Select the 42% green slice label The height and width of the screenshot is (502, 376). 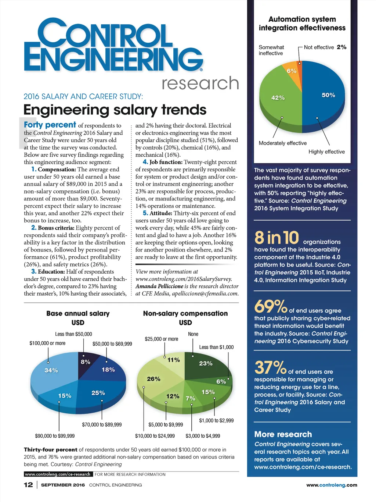click(278, 98)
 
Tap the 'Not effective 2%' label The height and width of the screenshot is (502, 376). click(325, 47)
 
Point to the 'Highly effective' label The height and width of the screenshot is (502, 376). click(326, 152)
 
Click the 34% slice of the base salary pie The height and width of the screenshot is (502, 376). click(51, 370)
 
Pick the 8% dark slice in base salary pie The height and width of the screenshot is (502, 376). click(86, 362)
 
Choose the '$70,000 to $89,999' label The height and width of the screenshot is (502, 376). click(102, 425)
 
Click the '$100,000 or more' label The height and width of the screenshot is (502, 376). click(47, 343)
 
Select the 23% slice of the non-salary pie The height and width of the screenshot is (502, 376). click(206, 364)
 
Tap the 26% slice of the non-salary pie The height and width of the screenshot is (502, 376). click(153, 379)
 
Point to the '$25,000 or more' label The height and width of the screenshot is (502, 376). click(162, 339)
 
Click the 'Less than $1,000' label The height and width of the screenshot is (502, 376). click(216, 347)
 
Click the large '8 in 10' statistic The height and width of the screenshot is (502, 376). click(276, 238)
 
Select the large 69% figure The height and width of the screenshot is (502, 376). click(270, 306)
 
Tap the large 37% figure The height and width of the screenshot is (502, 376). click(270, 367)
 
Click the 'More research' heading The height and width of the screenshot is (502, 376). click(283, 434)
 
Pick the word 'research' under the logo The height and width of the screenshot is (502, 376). click(200, 83)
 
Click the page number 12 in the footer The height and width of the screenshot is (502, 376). click(28, 485)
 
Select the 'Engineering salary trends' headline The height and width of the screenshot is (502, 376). click(115, 110)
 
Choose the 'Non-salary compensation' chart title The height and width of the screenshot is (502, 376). click(185, 314)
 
